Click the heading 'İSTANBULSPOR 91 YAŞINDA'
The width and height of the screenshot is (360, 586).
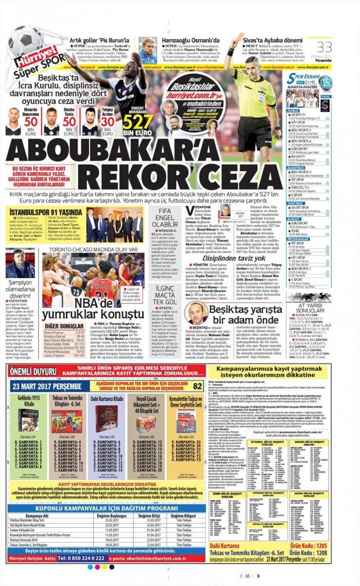coord(39,211)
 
